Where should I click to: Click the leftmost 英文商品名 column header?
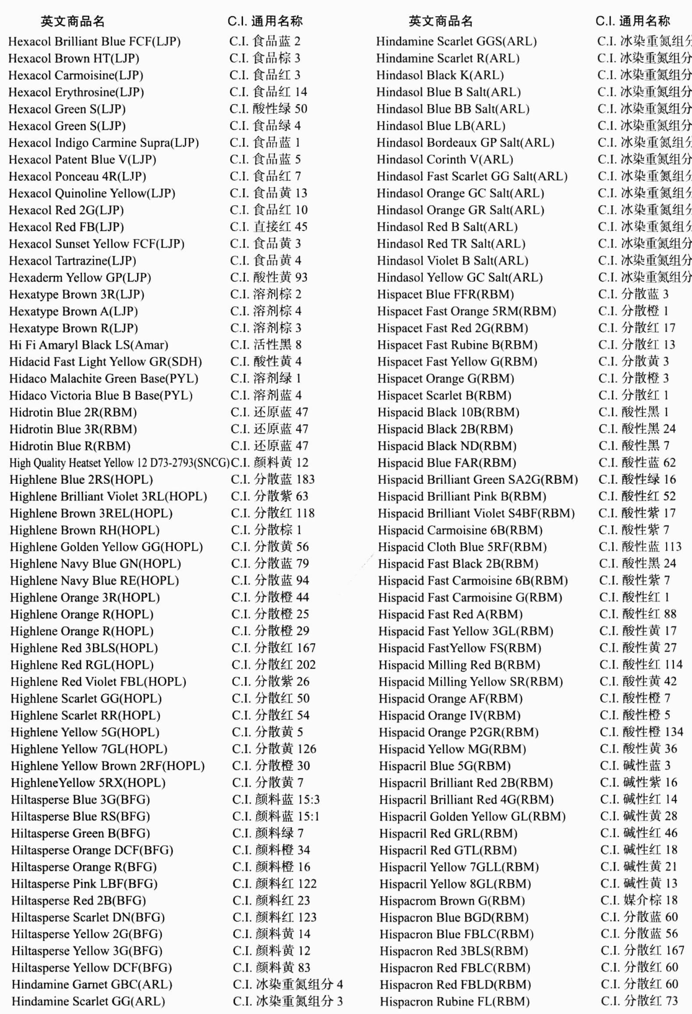(72, 21)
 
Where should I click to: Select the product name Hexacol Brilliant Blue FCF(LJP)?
(94, 42)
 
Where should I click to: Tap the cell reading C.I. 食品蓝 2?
(265, 41)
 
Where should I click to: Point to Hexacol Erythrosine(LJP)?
(76, 92)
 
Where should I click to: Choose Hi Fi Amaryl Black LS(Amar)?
(88, 345)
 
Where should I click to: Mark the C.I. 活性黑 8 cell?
(265, 345)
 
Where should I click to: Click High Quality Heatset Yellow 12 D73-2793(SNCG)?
(119, 463)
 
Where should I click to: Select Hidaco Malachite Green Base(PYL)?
(103, 379)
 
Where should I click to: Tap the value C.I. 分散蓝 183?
(272, 479)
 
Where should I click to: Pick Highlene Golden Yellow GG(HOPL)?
(106, 547)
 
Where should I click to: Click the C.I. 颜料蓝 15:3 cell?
(276, 800)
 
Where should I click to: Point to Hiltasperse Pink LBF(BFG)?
(84, 884)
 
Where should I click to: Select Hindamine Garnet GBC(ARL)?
(92, 985)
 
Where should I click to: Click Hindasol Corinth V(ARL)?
(445, 159)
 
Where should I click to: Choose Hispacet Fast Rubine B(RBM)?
(457, 345)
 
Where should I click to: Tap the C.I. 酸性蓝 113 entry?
(640, 547)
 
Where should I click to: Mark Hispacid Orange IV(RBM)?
(449, 716)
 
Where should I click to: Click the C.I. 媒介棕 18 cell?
(639, 901)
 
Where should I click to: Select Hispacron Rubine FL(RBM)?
(454, 1002)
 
